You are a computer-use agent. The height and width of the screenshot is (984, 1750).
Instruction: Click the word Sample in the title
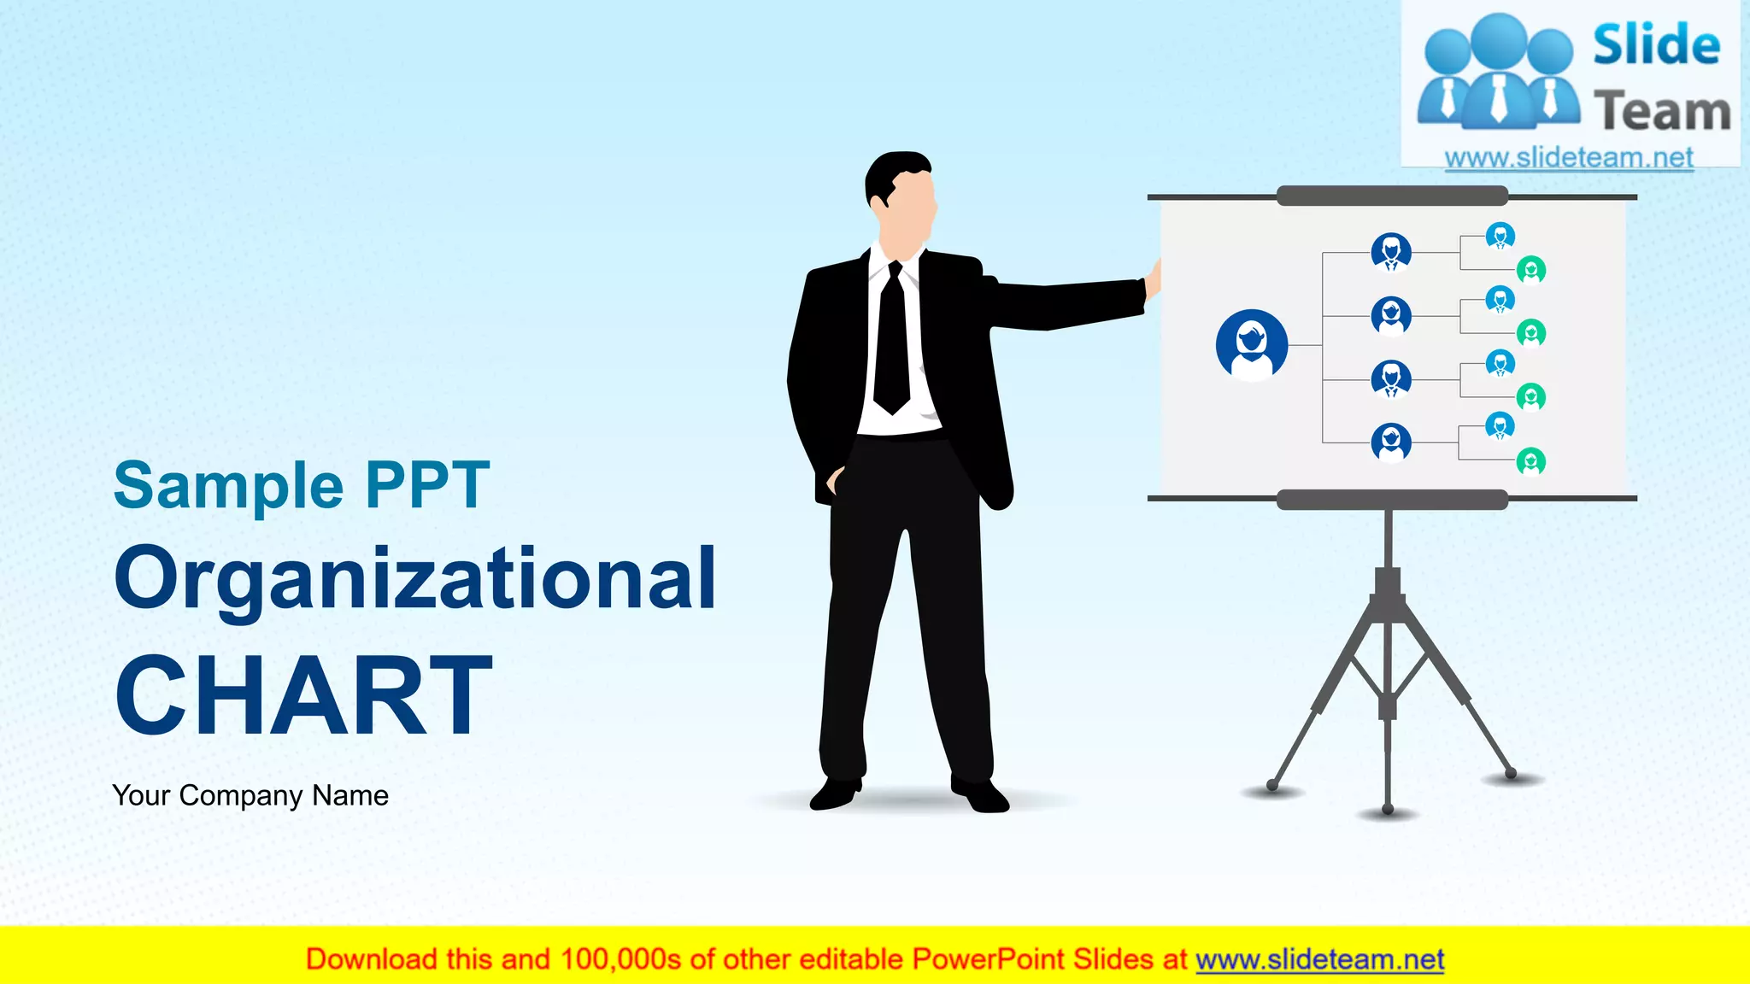point(228,486)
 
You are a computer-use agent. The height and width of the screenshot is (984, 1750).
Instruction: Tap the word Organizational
point(415,579)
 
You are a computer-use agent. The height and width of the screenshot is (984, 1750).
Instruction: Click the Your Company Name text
point(250,795)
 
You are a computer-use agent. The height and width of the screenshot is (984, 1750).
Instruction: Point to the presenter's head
point(901,201)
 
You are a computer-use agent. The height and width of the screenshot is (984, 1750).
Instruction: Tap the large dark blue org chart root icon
point(1252,344)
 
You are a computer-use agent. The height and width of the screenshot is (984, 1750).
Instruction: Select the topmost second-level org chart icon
point(1391,252)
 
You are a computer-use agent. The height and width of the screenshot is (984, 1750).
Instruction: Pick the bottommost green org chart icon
point(1530,461)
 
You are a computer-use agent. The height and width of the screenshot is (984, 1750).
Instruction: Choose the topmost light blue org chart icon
point(1500,235)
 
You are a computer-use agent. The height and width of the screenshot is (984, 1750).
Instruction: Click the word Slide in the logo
point(1656,45)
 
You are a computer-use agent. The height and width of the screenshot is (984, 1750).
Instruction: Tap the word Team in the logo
point(1662,111)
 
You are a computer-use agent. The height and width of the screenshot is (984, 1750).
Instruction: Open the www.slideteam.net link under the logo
point(1569,158)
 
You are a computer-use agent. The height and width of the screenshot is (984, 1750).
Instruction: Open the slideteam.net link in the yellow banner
point(1319,959)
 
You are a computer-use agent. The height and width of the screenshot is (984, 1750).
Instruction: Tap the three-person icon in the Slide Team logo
point(1498,73)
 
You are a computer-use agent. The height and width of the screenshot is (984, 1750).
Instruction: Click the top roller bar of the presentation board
point(1391,196)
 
